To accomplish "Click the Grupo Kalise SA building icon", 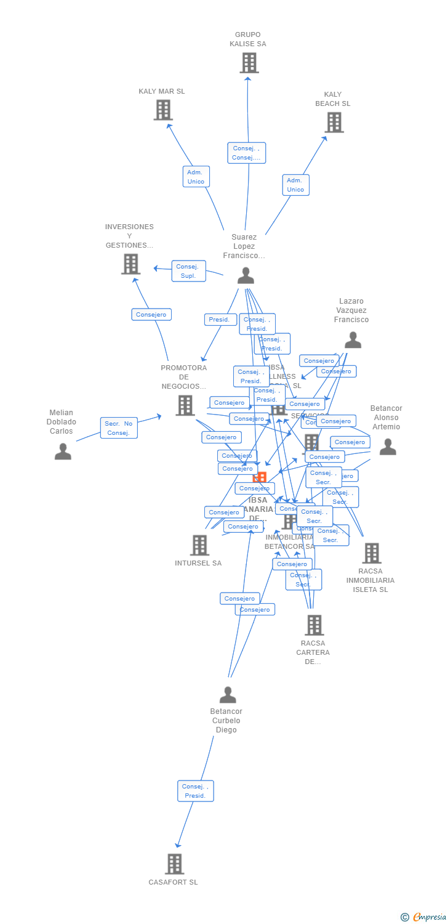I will [249, 63].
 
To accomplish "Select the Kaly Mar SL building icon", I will [162, 110].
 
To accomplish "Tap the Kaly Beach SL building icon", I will [334, 123].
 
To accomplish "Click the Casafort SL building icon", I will [174, 864].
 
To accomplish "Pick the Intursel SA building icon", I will [199, 545].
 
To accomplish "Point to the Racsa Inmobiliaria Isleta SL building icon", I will [371, 553].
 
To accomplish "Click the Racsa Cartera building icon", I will [314, 625].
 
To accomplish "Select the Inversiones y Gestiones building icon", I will [130, 264].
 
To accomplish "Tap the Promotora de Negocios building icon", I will [185, 405].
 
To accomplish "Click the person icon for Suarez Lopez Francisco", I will [246, 275].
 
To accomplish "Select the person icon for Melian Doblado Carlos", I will [63, 452].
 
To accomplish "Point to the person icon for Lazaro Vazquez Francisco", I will [353, 340].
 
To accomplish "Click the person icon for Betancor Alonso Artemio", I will [388, 447].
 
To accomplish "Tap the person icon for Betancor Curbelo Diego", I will [228, 695].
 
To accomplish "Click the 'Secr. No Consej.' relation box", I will [119, 428].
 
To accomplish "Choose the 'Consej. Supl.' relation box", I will [188, 271].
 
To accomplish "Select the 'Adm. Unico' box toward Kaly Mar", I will [196, 177].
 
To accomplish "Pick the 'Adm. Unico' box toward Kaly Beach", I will [295, 185].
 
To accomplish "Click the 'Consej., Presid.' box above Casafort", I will [196, 791].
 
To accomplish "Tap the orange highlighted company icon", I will [260, 479].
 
